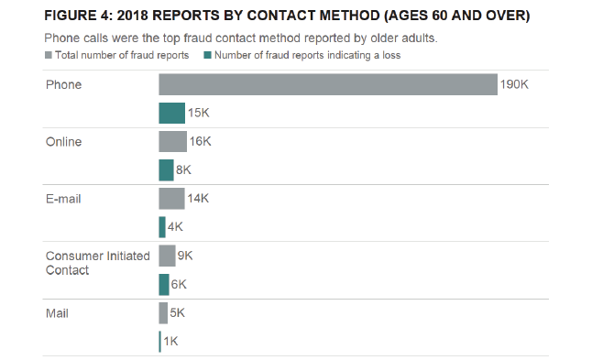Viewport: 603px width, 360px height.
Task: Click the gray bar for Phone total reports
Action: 327,85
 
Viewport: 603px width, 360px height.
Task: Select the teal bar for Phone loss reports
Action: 171,114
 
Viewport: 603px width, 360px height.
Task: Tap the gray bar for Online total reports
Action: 172,142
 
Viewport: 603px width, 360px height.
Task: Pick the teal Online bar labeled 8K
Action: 166,170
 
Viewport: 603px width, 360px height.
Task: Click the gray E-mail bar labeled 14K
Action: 171,199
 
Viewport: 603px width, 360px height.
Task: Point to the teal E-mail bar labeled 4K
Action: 162,227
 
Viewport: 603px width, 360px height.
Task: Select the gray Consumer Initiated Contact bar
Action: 167,256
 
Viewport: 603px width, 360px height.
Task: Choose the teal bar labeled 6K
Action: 164,284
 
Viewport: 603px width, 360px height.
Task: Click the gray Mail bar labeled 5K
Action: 163,313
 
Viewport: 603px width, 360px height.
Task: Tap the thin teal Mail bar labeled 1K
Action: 159,342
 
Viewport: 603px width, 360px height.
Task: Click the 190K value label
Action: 514,85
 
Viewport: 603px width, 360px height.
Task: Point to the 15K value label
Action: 199,114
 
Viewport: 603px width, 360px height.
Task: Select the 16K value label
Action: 200,142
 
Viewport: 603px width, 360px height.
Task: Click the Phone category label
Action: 63,85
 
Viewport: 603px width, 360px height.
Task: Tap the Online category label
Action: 63,142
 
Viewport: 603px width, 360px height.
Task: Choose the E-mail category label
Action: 63,199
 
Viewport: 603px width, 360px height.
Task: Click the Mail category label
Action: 57,313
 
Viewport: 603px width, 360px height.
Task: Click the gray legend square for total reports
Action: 48,56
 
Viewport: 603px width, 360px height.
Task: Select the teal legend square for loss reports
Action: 208,56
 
